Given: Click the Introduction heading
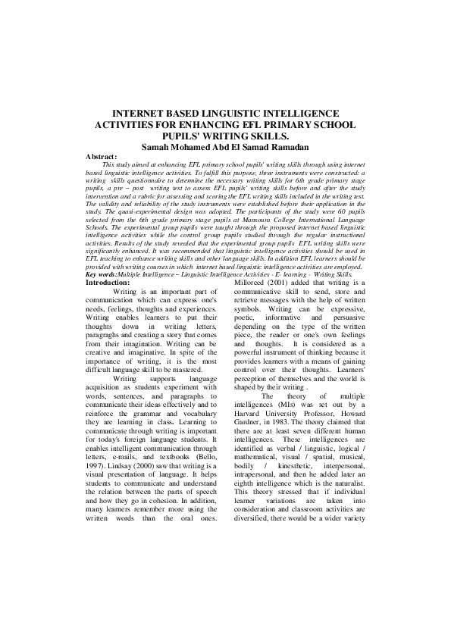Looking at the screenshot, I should [108, 282].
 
